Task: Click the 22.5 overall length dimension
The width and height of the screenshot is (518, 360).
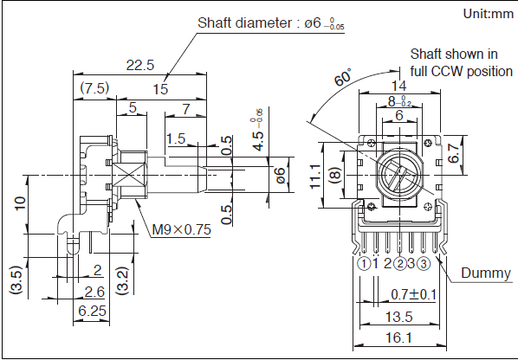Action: point(140,65)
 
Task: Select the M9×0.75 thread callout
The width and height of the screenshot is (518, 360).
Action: point(181,229)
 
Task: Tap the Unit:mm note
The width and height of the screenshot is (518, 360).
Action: point(489,14)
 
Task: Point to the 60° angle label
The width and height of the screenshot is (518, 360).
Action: point(343,78)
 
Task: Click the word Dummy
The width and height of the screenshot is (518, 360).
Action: point(486,273)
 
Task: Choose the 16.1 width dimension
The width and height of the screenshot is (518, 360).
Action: point(399,337)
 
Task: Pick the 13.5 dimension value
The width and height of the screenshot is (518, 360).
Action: point(399,317)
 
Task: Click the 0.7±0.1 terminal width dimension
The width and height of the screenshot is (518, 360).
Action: point(413,294)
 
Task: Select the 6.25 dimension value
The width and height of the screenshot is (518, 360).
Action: point(92,311)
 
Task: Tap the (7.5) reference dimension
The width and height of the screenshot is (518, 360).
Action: point(94,88)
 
